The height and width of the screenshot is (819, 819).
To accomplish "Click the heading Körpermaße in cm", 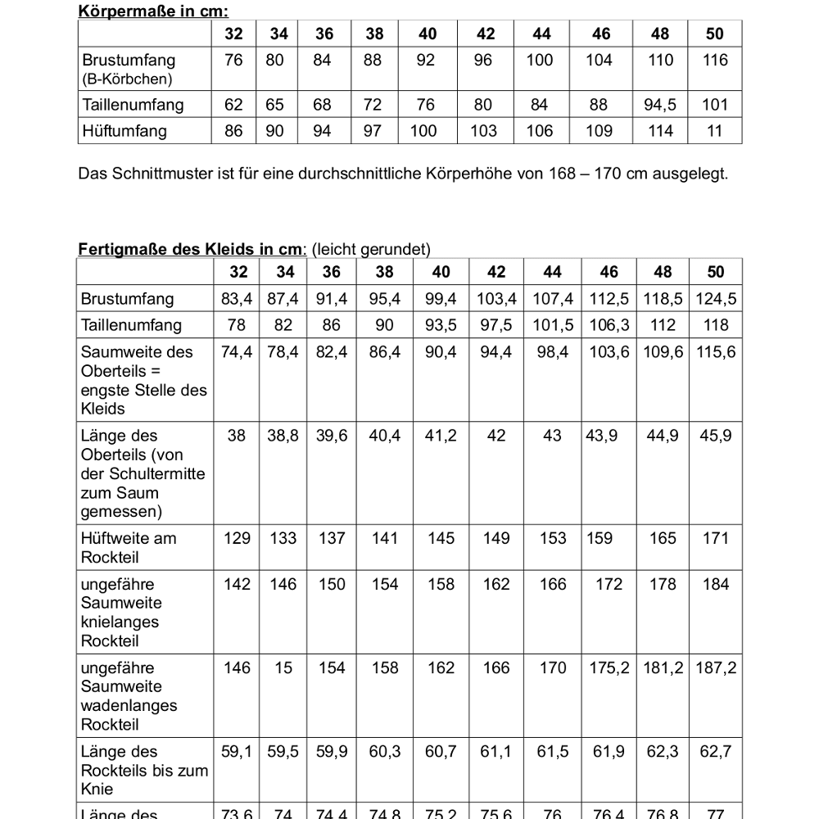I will coord(153,11).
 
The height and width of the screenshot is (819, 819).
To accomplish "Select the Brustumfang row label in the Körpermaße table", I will coord(129,60).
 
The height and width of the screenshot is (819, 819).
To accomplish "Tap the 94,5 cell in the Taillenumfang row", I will coord(661,105).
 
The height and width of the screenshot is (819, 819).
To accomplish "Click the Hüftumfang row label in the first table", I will coord(124,131).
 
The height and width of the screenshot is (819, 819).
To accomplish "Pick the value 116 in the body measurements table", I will coord(715,60).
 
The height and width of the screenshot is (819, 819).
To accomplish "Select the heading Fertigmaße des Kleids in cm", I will coord(192,250).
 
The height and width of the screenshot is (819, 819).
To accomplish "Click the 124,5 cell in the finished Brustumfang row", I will coord(716,299).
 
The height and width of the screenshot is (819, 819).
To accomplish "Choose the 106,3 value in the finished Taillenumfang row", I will coord(609,325).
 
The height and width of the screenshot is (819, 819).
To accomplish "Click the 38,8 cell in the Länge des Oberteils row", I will coord(283,436).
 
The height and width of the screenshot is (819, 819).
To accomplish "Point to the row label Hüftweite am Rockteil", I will coord(129,547).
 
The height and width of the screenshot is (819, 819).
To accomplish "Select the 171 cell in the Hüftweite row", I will coord(716,538).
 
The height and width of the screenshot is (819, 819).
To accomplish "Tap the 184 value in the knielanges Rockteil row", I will coord(716,584).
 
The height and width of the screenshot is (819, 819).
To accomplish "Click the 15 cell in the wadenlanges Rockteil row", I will coord(283,667).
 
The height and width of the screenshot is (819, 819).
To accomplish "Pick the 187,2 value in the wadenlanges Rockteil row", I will coord(716,667).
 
